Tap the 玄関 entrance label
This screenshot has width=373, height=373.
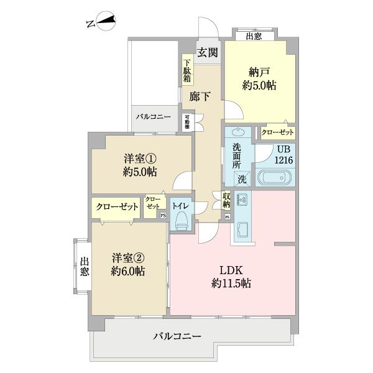tap(208, 53)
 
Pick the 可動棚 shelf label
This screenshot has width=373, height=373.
tap(186, 121)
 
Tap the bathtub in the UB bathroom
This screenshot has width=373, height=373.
tap(274, 177)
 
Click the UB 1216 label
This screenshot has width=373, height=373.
tap(285, 154)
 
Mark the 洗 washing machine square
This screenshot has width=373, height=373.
tap(241, 178)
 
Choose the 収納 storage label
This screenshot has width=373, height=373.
tap(226, 200)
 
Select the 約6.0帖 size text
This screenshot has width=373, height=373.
tap(129, 272)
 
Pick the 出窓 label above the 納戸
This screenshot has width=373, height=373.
tap(253, 35)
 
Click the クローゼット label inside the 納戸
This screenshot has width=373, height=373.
tap(277, 132)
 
